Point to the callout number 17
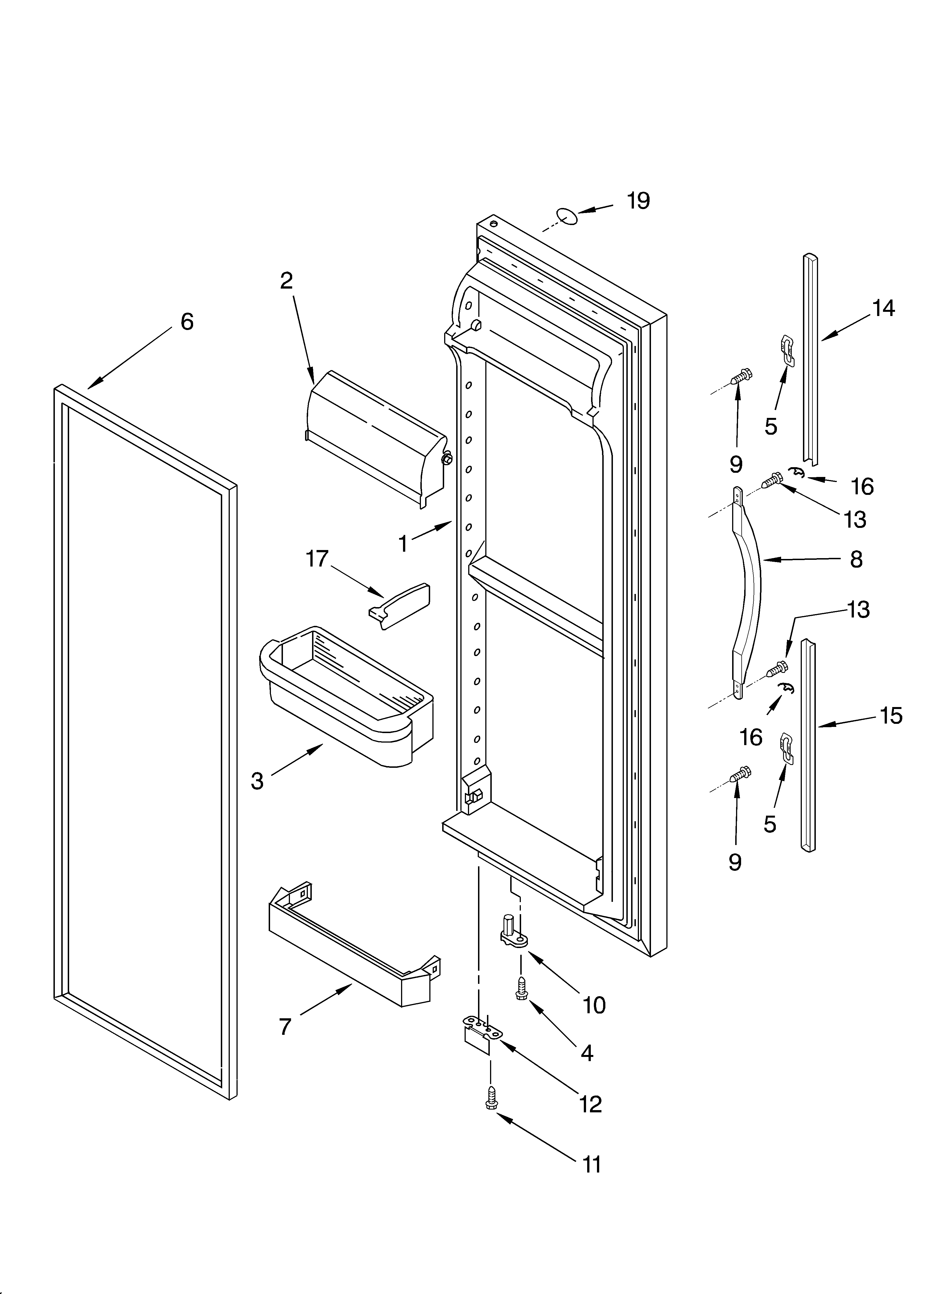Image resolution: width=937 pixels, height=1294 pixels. (x=317, y=559)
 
